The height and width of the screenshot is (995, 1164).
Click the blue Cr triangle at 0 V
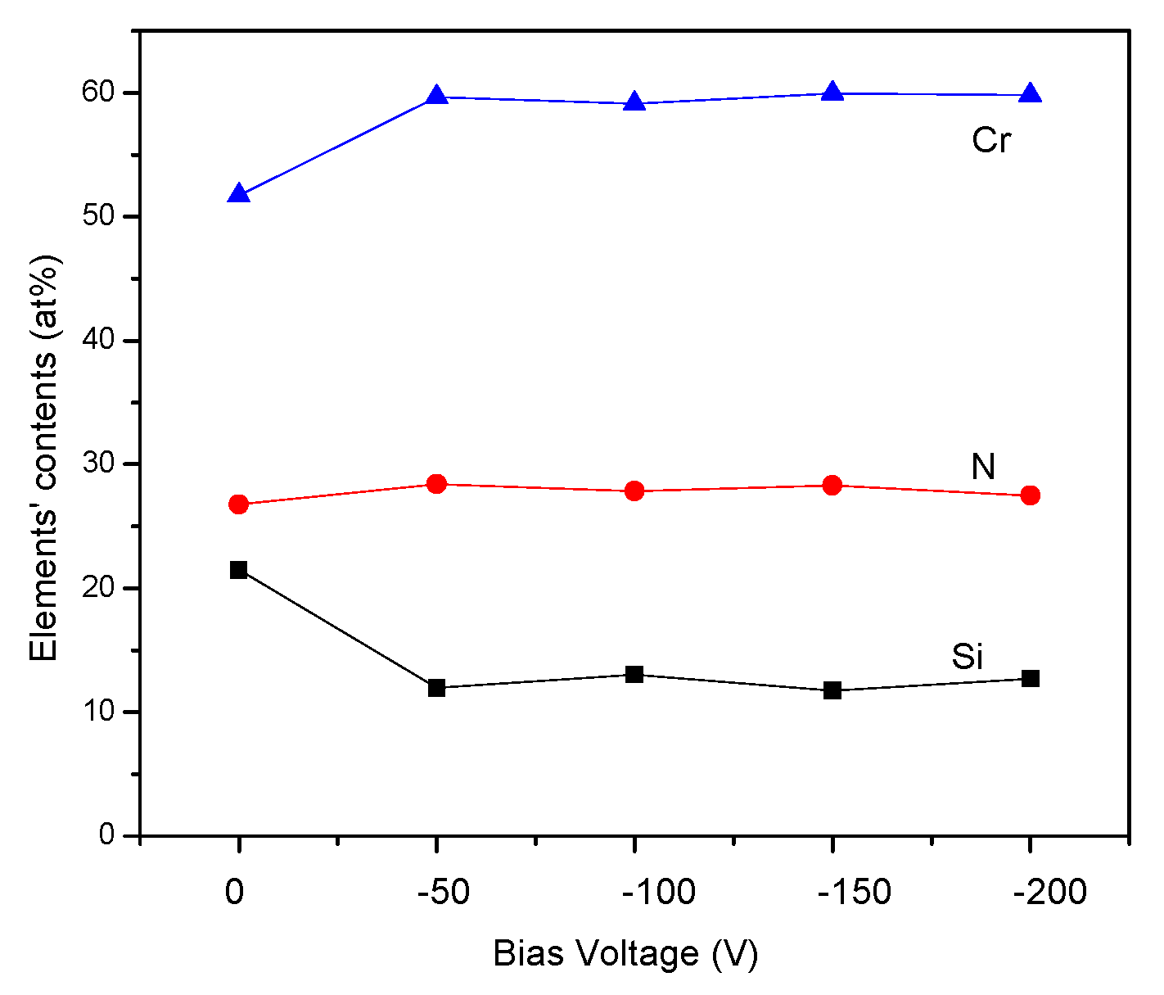click(238, 194)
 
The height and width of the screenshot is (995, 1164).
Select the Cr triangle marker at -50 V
click(436, 96)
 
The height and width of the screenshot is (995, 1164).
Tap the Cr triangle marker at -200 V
click(1031, 93)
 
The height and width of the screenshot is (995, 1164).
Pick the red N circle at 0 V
click(238, 504)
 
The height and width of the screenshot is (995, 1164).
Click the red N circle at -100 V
click(634, 491)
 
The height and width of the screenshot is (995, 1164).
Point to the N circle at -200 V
click(1031, 495)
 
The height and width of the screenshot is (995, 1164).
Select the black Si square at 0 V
click(238, 570)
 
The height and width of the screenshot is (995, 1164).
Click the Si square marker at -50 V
click(436, 688)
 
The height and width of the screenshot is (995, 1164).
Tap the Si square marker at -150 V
click(832, 690)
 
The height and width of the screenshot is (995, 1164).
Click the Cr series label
click(991, 141)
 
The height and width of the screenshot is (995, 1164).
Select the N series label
click(983, 467)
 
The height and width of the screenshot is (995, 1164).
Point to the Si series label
click(967, 657)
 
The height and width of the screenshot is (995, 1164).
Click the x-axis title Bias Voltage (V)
click(625, 954)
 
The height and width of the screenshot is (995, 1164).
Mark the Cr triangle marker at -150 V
click(832, 92)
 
